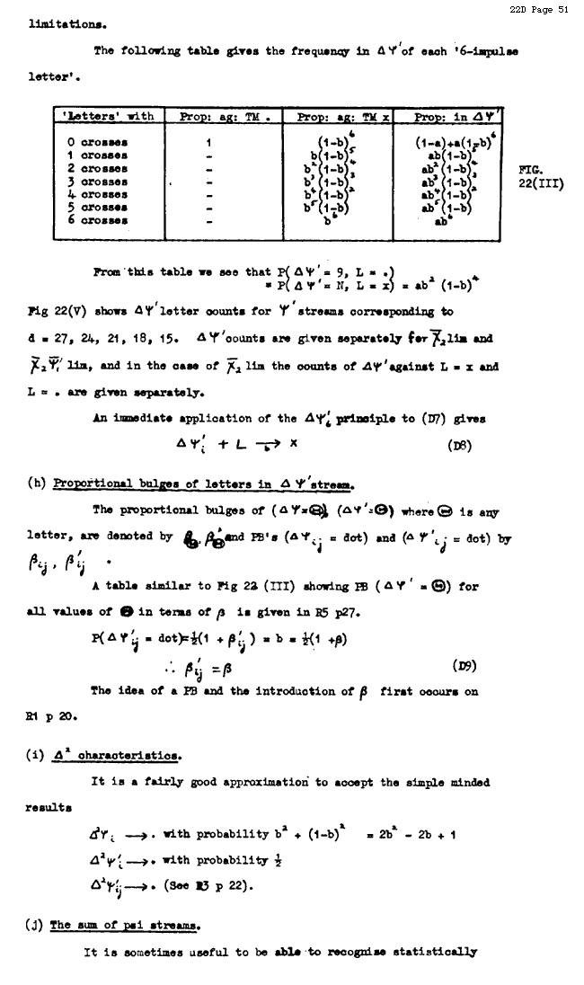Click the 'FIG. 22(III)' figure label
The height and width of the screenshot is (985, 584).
541,177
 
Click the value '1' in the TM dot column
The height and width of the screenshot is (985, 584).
208,141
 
